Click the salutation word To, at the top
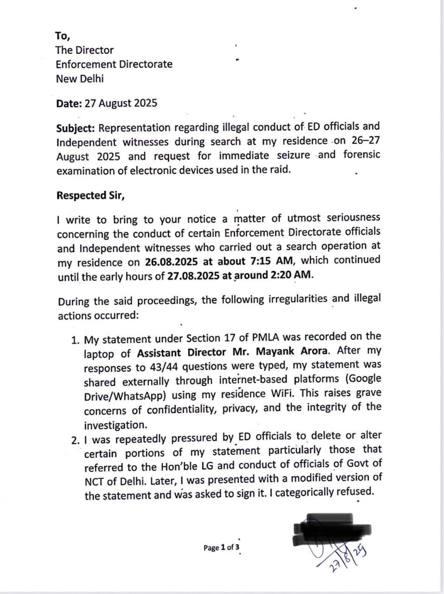click(x=63, y=36)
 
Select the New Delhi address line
click(x=80, y=78)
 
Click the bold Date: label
click(x=69, y=103)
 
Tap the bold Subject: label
click(x=76, y=128)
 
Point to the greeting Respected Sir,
click(x=90, y=195)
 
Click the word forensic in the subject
click(x=361, y=154)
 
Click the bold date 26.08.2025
click(x=174, y=262)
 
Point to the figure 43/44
click(x=164, y=368)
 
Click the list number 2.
click(x=76, y=439)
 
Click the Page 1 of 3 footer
click(x=221, y=548)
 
